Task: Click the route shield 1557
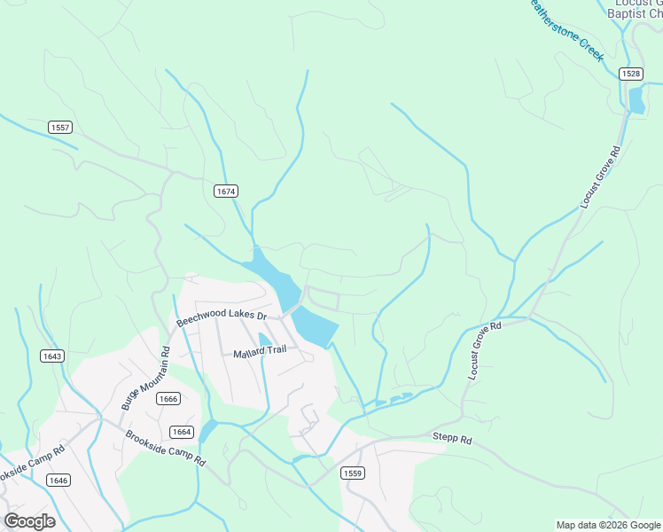tap(60, 128)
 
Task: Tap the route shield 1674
tap(225, 191)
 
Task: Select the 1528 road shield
tap(631, 74)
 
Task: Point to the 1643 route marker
tap(51, 356)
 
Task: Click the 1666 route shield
tap(168, 399)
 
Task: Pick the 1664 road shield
tap(182, 432)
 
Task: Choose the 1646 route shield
tap(58, 480)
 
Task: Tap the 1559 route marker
tap(352, 473)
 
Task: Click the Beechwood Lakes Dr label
tap(221, 317)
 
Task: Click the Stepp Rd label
tap(452, 437)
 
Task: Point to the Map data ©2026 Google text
tap(608, 525)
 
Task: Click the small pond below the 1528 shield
tap(636, 100)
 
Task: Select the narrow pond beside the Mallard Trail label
tap(265, 341)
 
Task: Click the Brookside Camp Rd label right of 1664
tap(165, 449)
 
